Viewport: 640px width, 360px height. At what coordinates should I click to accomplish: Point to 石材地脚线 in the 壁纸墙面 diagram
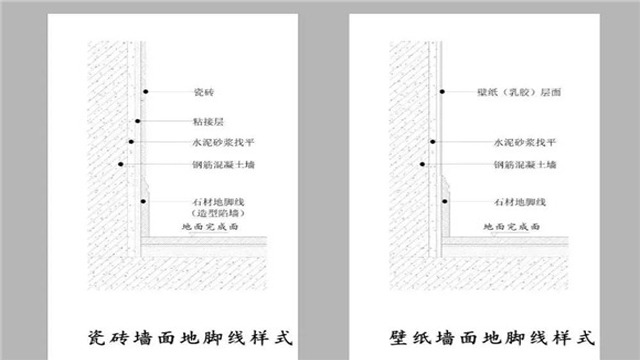[516, 201]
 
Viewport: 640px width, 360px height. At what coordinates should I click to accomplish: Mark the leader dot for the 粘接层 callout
[138, 120]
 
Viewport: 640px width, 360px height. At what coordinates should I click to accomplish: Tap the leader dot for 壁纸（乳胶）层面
[440, 92]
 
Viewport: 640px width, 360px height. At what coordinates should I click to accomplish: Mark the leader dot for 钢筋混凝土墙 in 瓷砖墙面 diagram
[119, 164]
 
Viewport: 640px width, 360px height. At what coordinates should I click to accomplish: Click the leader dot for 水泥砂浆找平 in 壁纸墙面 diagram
[432, 142]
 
